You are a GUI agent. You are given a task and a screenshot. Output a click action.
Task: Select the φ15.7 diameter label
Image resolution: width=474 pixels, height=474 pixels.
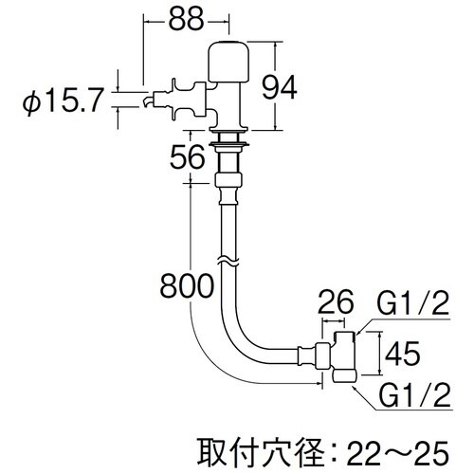(59, 100)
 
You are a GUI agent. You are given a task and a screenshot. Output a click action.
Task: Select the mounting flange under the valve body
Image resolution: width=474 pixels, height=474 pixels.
(231, 141)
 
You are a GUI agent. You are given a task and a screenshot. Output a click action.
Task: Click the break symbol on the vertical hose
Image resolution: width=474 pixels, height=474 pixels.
(228, 259)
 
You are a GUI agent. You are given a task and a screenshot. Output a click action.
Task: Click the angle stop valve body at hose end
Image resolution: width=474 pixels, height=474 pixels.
(342, 355)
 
